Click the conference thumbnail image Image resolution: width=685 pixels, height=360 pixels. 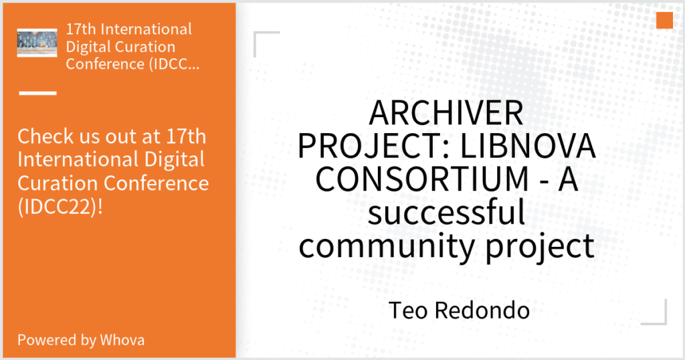click(37, 43)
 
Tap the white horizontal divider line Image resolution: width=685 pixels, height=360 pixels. click(38, 93)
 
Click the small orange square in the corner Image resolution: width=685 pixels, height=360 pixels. click(664, 21)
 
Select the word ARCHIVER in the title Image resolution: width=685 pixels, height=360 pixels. click(446, 112)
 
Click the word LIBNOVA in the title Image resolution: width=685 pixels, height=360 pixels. click(528, 146)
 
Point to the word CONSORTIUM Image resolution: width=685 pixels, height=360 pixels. click(422, 179)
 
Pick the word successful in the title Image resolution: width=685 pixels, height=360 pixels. click(446, 213)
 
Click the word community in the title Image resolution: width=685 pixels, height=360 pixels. click(387, 246)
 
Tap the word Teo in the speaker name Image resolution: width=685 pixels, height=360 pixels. click(408, 310)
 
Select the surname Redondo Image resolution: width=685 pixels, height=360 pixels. click(482, 310)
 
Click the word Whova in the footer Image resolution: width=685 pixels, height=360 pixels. click(122, 340)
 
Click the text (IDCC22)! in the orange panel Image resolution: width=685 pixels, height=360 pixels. click(60, 207)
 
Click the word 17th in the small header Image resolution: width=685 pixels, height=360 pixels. click(81, 29)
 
